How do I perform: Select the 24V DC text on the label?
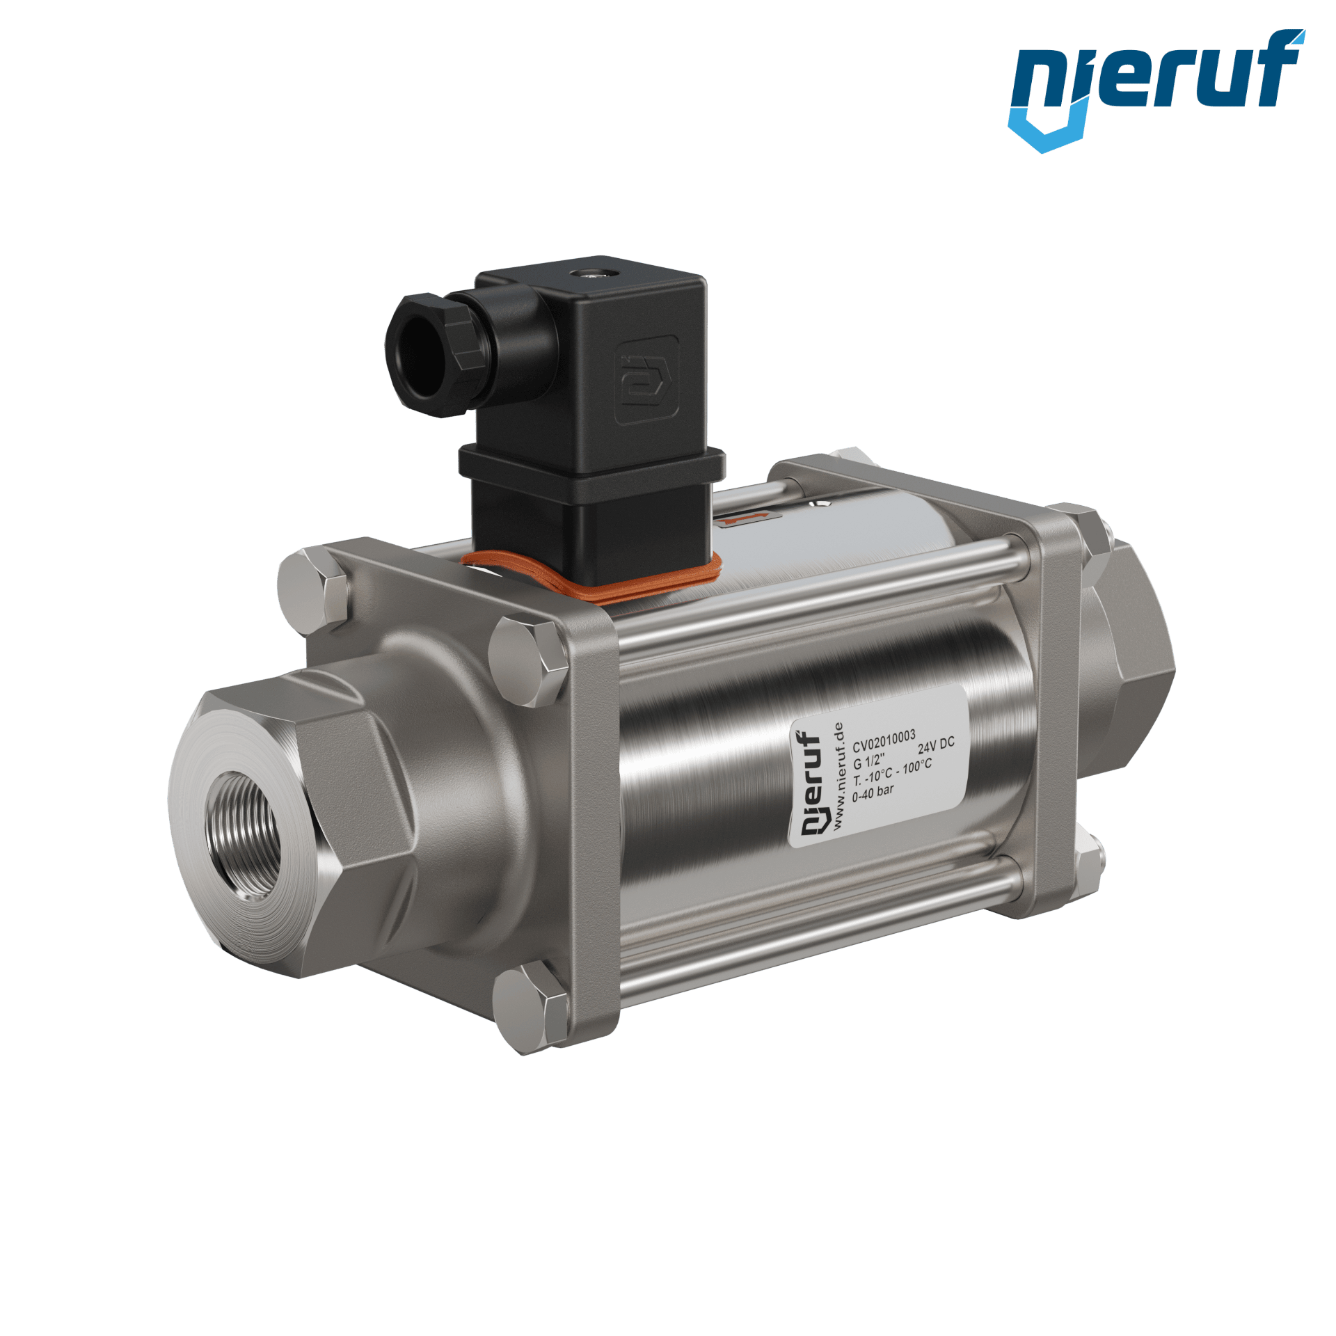point(936,746)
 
